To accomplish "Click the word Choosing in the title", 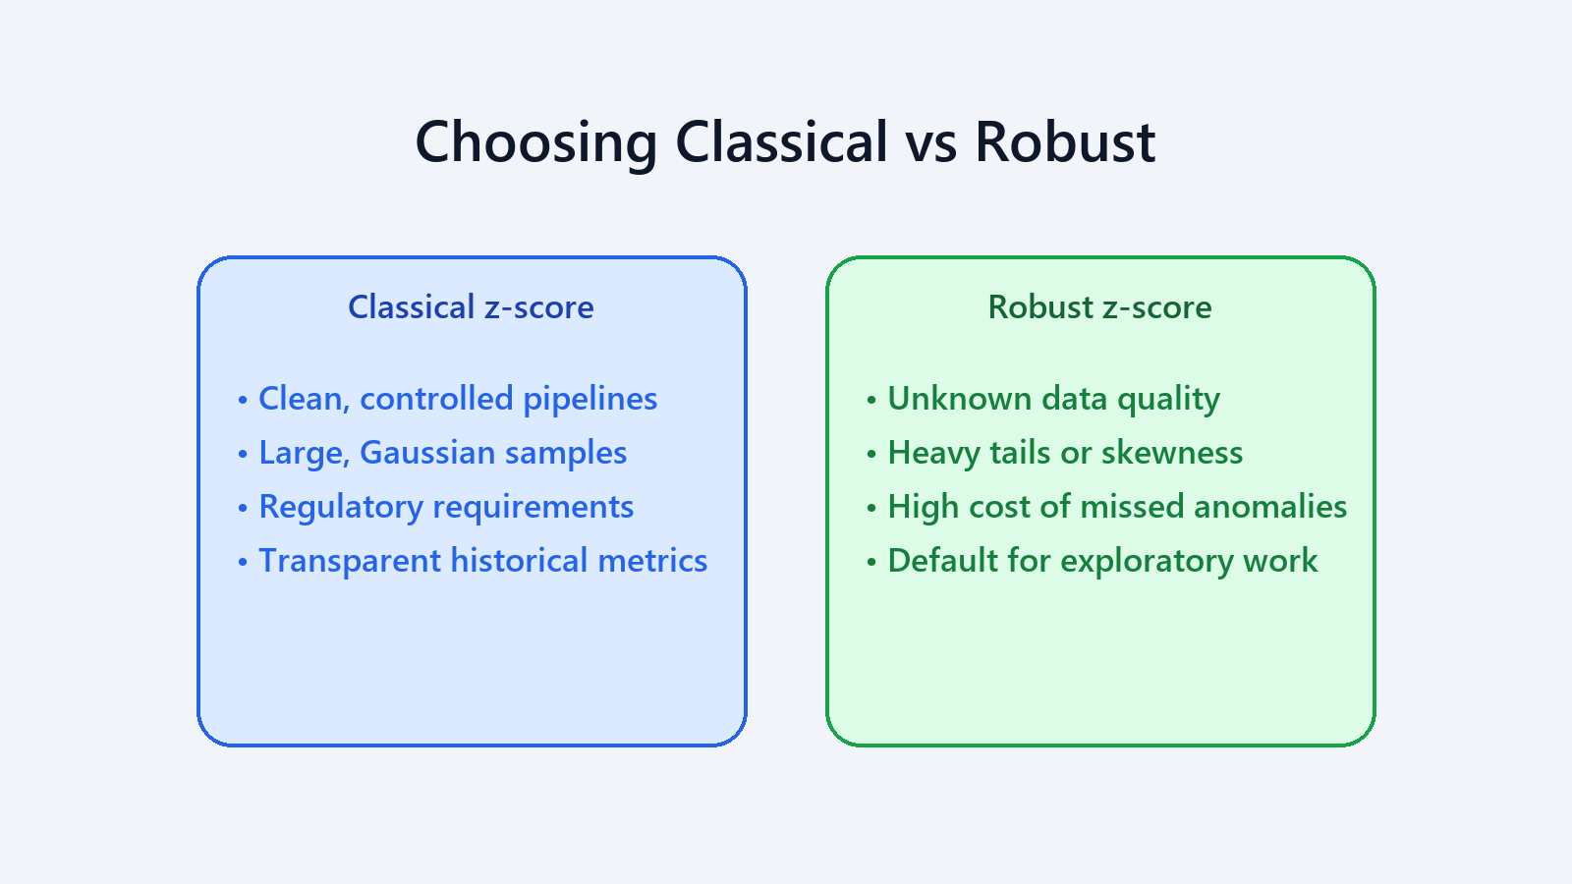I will click(535, 142).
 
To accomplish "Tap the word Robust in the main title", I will click(1064, 142).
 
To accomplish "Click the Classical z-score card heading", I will click(471, 307).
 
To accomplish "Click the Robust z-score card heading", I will click(1099, 307).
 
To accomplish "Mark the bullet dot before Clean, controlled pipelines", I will click(243, 400).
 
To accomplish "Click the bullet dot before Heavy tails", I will click(871, 454).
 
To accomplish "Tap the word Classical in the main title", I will click(781, 142).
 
